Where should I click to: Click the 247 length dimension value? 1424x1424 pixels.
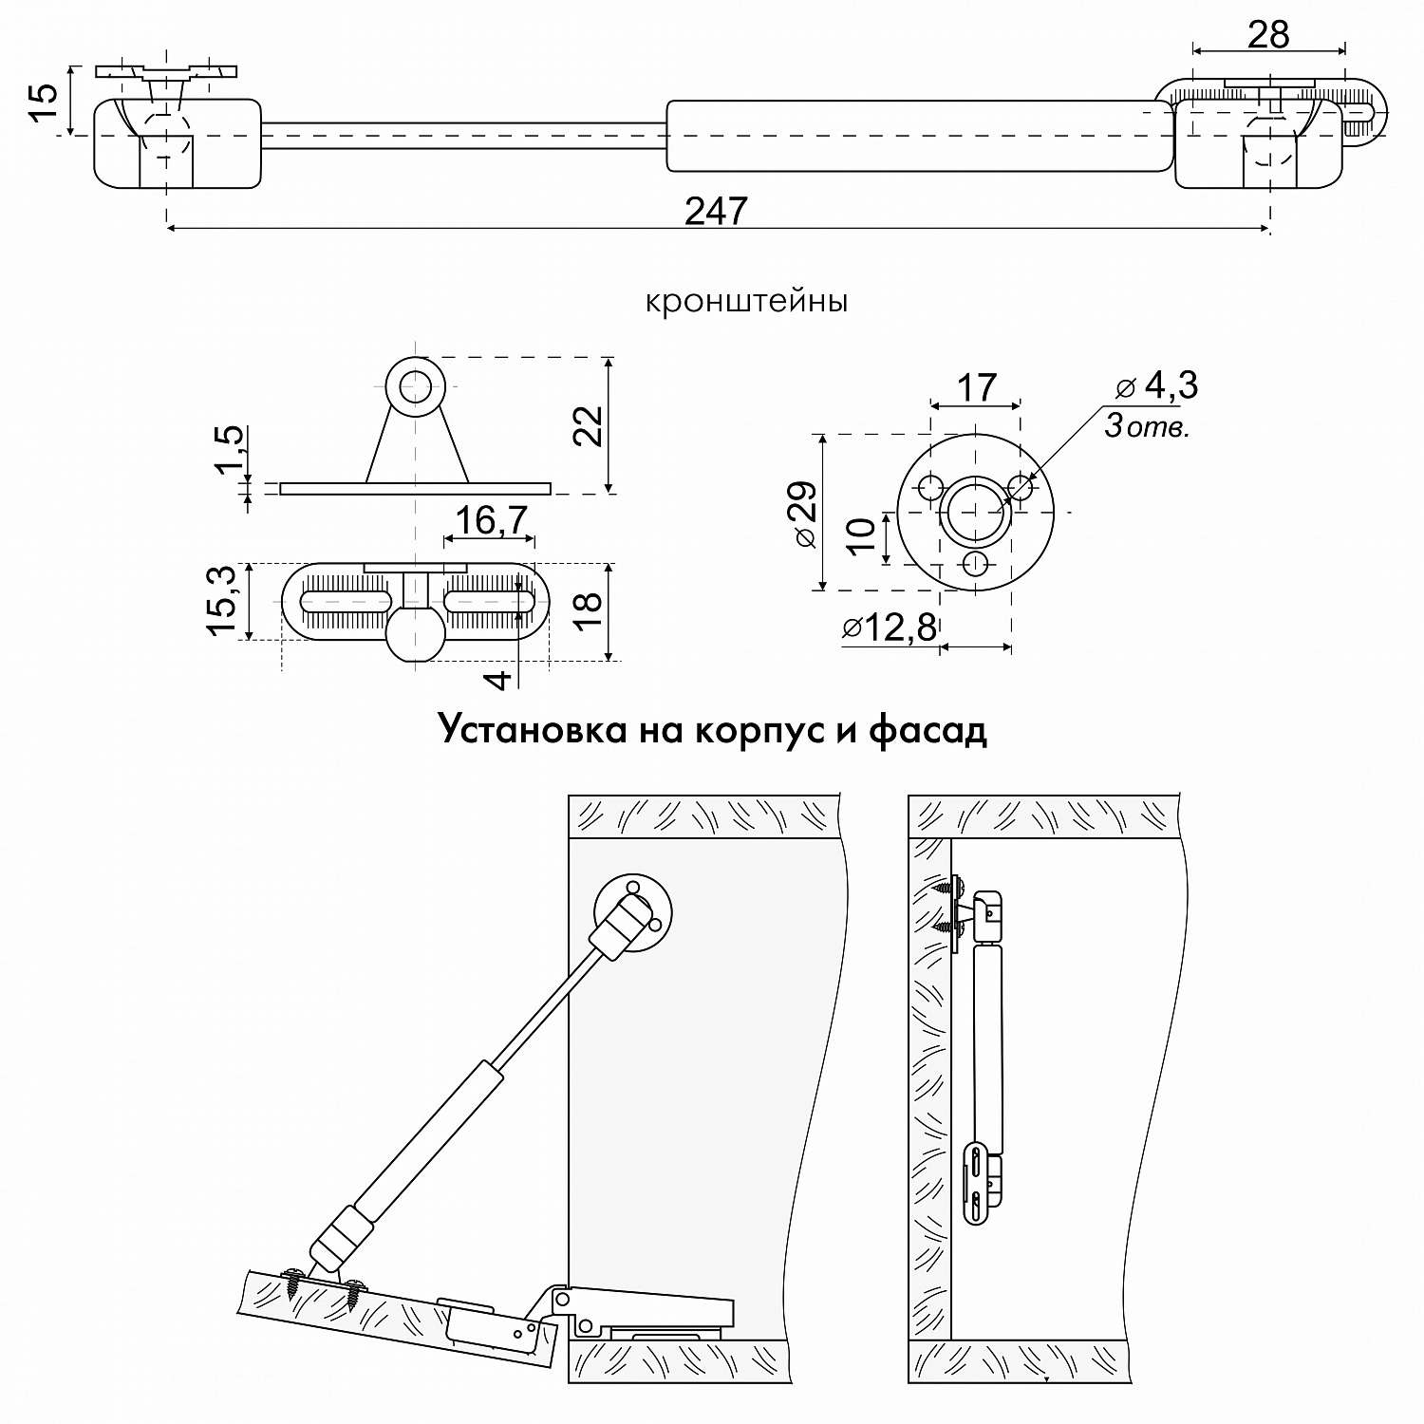(x=717, y=211)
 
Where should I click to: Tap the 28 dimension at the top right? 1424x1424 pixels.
(x=1268, y=35)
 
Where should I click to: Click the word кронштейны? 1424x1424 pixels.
(x=746, y=302)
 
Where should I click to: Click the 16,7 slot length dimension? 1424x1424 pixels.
(x=490, y=520)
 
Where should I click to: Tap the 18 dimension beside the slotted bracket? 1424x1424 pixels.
(x=589, y=612)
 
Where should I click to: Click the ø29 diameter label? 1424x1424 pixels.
(x=803, y=514)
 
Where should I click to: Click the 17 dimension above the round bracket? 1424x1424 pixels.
(x=976, y=387)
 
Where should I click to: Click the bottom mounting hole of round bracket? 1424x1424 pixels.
(x=975, y=563)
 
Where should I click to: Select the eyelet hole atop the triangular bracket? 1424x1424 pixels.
(x=414, y=385)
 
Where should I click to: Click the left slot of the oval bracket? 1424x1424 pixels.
(x=346, y=602)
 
